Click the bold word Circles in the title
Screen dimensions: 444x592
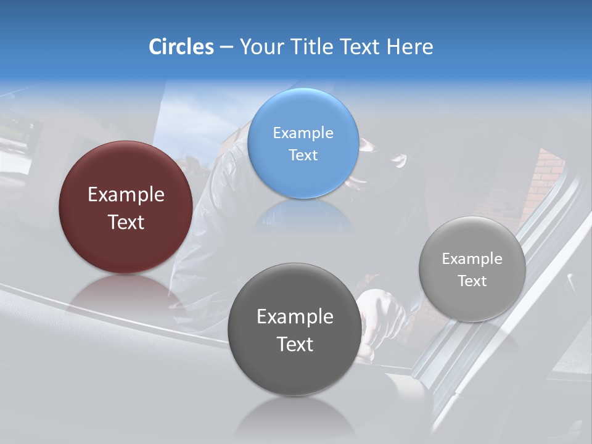coord(181,47)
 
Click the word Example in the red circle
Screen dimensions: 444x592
coord(126,195)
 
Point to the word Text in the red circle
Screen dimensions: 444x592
coord(126,222)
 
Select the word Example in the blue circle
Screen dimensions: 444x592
coord(303,133)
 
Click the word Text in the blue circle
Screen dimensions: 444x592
coord(303,155)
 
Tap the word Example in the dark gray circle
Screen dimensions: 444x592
coord(295,317)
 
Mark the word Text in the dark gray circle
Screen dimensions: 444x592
coord(295,344)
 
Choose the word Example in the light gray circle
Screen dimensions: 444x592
coord(472,259)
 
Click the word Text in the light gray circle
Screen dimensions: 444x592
coord(472,281)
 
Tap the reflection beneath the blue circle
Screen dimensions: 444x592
coord(303,216)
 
